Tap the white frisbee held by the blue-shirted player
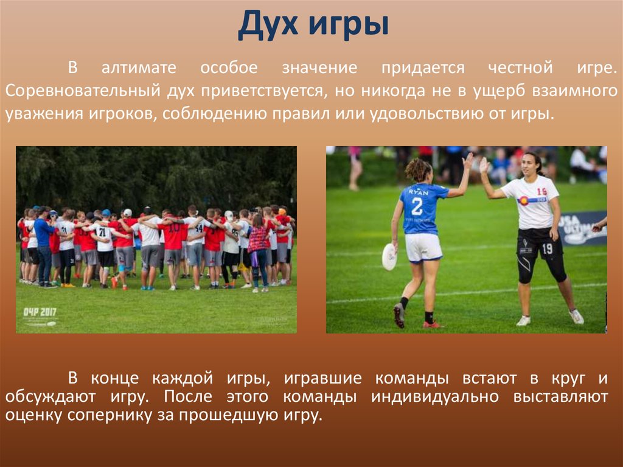[389, 256]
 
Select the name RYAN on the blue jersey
[418, 192]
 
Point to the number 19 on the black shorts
[548, 248]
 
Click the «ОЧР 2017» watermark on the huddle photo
[39, 312]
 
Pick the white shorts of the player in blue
[423, 247]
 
